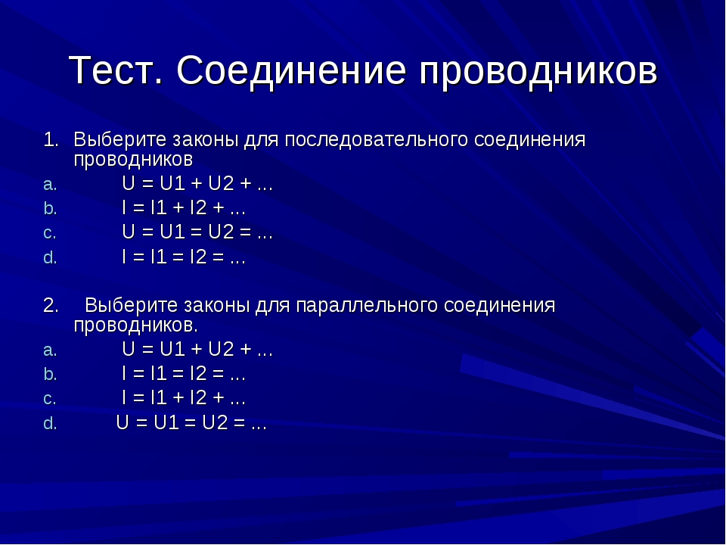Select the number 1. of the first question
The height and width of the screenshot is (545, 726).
click(x=51, y=139)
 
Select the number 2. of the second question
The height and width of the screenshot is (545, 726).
click(x=51, y=305)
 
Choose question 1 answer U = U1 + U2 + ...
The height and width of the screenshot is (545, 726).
click(x=197, y=184)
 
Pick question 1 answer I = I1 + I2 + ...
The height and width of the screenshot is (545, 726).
click(x=183, y=208)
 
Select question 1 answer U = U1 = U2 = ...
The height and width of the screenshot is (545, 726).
click(x=197, y=232)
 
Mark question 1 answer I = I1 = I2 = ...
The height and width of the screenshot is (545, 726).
click(x=183, y=257)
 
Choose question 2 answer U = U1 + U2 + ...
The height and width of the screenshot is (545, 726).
click(x=197, y=350)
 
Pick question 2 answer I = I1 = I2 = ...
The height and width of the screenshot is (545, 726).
click(x=183, y=373)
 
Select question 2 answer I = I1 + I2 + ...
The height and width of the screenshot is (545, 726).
click(x=183, y=398)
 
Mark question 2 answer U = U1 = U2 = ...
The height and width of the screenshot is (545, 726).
click(x=191, y=422)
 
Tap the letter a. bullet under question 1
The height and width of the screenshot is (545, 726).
click(x=50, y=185)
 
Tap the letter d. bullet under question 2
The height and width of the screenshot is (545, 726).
click(x=50, y=423)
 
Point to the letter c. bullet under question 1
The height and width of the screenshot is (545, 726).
click(x=50, y=234)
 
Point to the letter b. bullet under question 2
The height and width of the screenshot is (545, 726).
click(x=50, y=374)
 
